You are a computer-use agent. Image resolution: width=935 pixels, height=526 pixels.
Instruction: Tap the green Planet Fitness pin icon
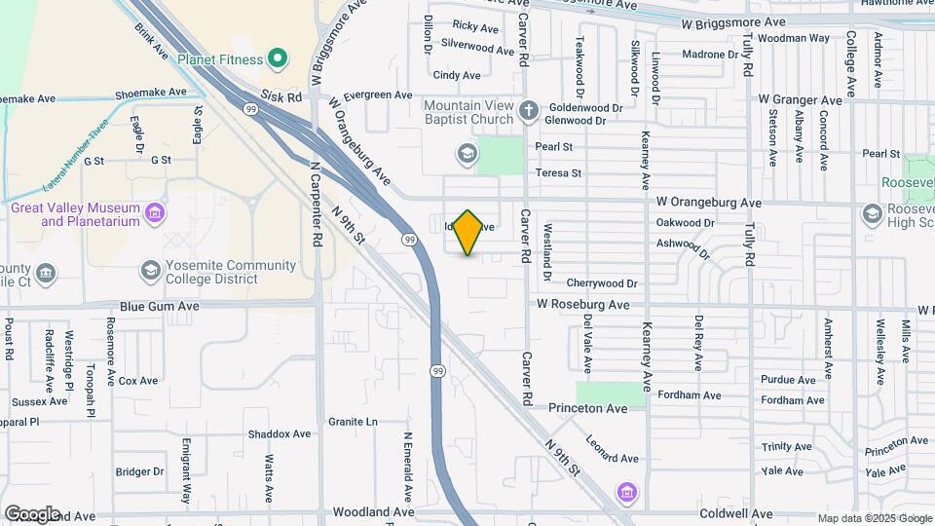(x=278, y=59)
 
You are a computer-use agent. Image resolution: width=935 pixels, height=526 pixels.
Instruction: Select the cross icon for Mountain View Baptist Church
(x=529, y=111)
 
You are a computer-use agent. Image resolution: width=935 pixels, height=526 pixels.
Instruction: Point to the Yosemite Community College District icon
(x=150, y=270)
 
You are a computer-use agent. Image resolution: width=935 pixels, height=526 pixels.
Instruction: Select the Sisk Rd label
(x=282, y=97)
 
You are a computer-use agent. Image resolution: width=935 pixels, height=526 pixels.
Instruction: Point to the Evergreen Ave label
(x=378, y=94)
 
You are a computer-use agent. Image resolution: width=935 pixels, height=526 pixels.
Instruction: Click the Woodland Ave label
(x=373, y=511)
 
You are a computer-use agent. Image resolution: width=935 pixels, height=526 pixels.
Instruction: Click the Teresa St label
(x=558, y=173)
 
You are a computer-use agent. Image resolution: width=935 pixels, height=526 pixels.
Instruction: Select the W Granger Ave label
(x=801, y=99)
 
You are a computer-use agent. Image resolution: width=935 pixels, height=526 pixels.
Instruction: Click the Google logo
(x=32, y=513)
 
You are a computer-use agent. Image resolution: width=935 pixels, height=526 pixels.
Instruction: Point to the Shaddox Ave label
(x=279, y=433)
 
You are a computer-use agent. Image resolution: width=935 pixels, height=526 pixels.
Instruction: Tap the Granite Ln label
(x=353, y=422)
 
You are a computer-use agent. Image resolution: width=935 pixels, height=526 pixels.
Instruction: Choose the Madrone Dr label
(x=711, y=55)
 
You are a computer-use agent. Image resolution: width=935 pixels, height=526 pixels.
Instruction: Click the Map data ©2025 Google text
(x=873, y=518)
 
